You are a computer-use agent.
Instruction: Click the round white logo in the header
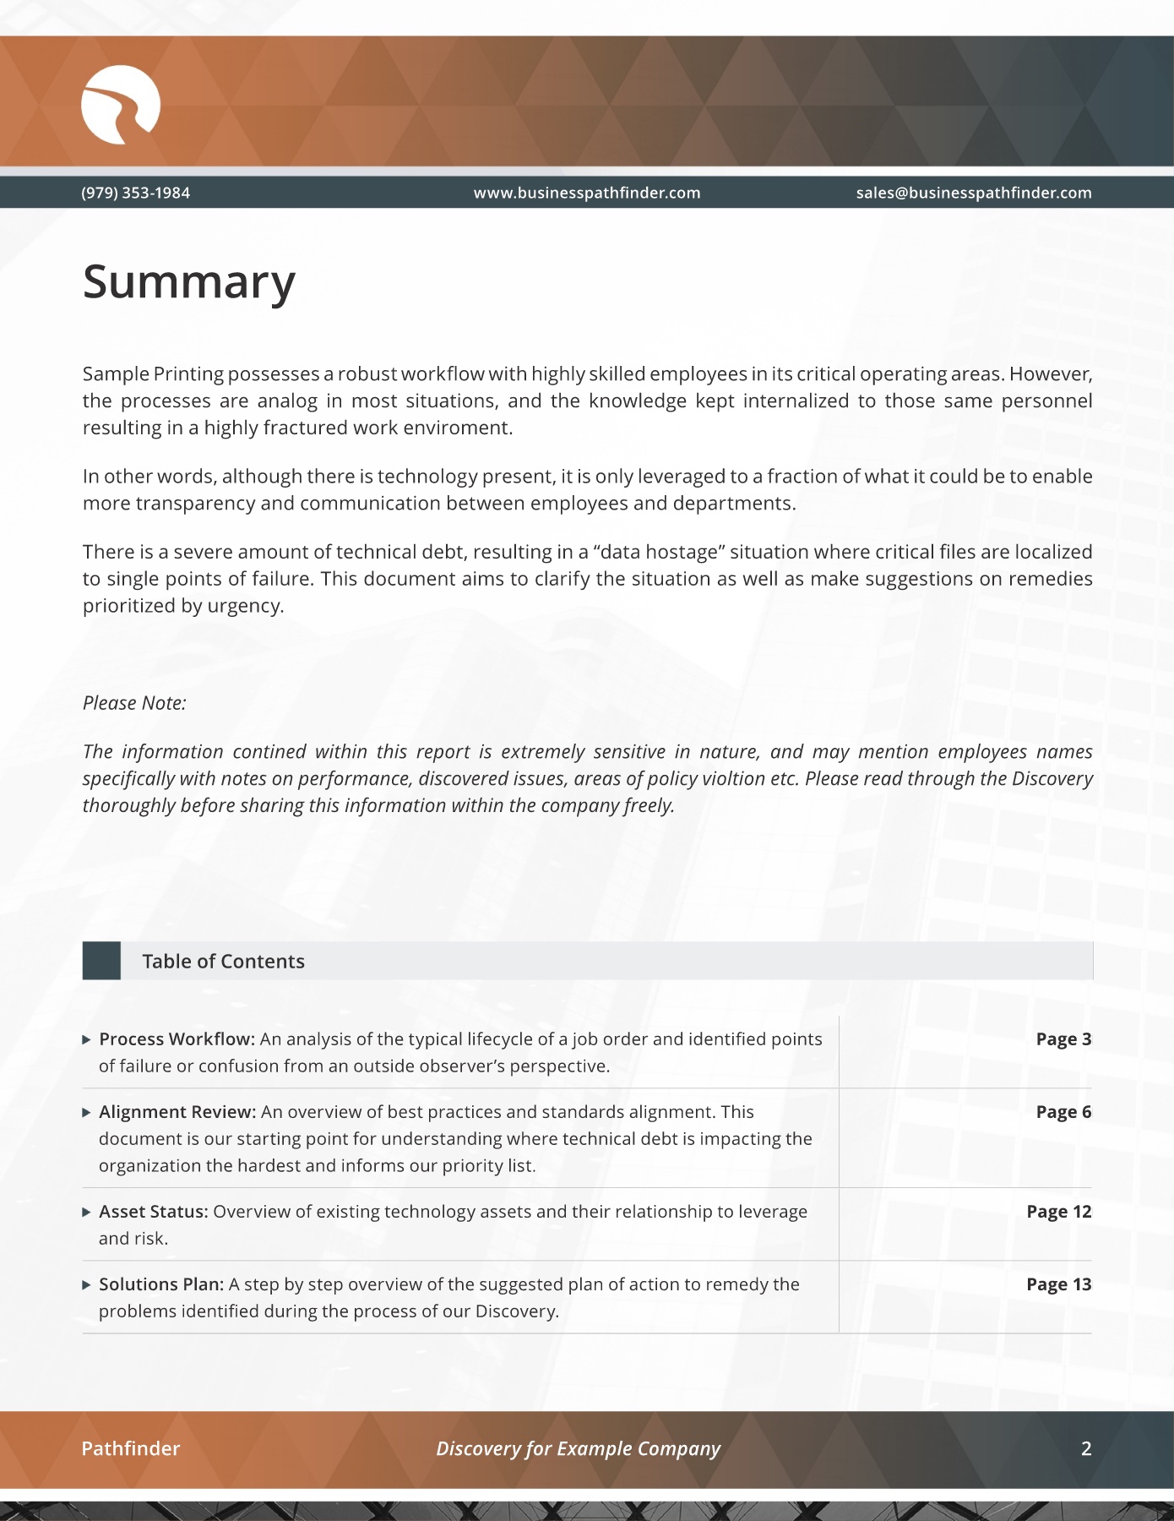120,105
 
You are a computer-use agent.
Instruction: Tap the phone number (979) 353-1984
135,193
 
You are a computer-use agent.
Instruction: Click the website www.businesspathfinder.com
586,193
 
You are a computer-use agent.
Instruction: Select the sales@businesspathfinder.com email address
973,193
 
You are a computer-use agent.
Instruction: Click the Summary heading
188,281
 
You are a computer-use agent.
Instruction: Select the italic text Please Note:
134,703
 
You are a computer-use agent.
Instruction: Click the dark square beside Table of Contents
101,961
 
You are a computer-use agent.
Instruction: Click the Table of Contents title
223,962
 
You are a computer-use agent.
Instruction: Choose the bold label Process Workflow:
177,1039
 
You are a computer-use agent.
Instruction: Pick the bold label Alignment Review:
177,1112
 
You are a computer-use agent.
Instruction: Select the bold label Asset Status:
153,1212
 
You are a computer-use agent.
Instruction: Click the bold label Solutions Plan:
160,1284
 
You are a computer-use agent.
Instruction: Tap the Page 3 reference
1063,1039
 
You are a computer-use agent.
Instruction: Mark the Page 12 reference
1058,1212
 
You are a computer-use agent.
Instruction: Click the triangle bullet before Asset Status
86,1212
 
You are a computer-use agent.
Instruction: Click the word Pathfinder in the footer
130,1448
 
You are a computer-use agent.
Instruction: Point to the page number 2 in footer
1086,1448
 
